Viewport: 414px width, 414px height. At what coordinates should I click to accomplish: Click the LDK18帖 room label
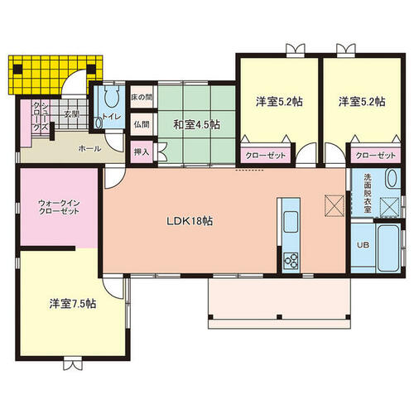(x=191, y=222)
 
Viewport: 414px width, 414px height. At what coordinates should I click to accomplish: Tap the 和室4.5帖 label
(x=196, y=125)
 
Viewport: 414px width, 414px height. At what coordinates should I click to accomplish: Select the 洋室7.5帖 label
(x=72, y=304)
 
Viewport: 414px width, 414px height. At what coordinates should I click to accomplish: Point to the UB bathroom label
(x=363, y=245)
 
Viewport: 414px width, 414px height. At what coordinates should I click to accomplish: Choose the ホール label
(x=89, y=149)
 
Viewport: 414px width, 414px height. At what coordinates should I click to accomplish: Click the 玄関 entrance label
(x=71, y=114)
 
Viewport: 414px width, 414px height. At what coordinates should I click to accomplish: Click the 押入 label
(x=141, y=152)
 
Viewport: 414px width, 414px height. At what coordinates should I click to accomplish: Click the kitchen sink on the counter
(x=291, y=222)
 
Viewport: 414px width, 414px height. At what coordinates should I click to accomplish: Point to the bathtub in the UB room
(x=387, y=246)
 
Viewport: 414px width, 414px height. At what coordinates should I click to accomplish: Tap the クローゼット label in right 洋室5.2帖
(x=374, y=155)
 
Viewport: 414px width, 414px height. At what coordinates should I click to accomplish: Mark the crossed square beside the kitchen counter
(x=333, y=203)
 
